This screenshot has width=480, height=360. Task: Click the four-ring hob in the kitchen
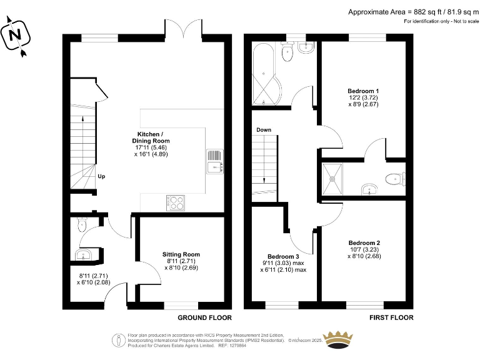click(176, 202)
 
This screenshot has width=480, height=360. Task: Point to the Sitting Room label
click(181, 254)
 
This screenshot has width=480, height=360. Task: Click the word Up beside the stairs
click(101, 176)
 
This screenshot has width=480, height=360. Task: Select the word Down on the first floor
click(263, 130)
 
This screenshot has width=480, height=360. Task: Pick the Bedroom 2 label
click(364, 242)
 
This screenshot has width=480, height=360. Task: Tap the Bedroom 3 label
click(284, 257)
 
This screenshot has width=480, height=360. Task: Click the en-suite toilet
click(394, 179)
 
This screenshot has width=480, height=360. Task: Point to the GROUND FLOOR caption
click(196, 317)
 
